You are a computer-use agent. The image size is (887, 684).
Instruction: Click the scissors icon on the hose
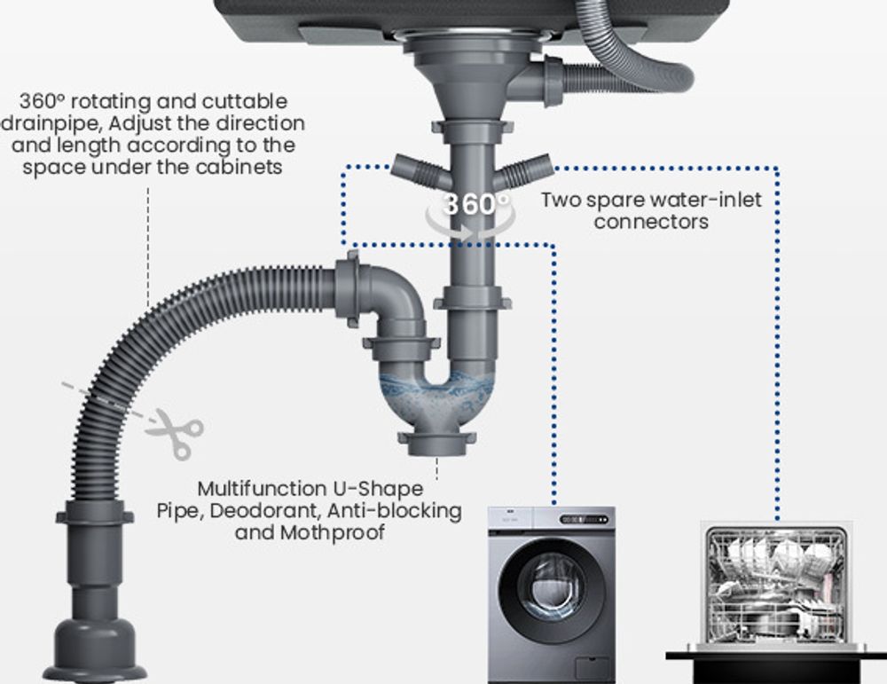pos(176,433)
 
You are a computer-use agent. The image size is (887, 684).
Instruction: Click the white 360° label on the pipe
pos(475,204)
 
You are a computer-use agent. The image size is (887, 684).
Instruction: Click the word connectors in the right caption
pos(651,221)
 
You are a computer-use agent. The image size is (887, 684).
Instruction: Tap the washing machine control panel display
pos(585,519)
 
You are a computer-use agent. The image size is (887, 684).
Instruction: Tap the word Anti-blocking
pos(395,510)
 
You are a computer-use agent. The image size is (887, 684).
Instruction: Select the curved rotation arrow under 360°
pos(471,226)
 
